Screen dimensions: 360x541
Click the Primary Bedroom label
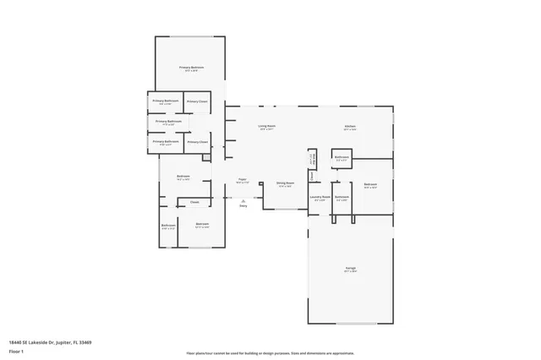(x=191, y=68)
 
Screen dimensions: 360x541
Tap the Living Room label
(x=267, y=128)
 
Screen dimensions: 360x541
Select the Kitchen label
(x=349, y=128)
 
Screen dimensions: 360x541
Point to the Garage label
(x=350, y=270)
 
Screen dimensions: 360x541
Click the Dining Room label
(x=285, y=184)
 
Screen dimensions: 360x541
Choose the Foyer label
(x=242, y=180)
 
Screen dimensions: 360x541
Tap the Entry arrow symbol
(x=243, y=200)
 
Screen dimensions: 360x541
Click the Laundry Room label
(x=320, y=199)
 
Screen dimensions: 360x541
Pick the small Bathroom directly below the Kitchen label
(x=342, y=157)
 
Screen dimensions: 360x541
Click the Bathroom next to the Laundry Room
(x=342, y=199)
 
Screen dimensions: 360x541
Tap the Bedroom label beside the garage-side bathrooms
(x=370, y=186)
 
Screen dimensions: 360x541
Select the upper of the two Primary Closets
(x=197, y=101)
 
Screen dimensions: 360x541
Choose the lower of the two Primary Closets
(x=197, y=142)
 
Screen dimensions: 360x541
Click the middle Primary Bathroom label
(x=168, y=123)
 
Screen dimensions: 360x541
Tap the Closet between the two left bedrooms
(x=194, y=202)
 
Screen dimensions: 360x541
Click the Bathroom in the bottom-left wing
(x=168, y=226)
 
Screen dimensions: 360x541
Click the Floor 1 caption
(x=16, y=351)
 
